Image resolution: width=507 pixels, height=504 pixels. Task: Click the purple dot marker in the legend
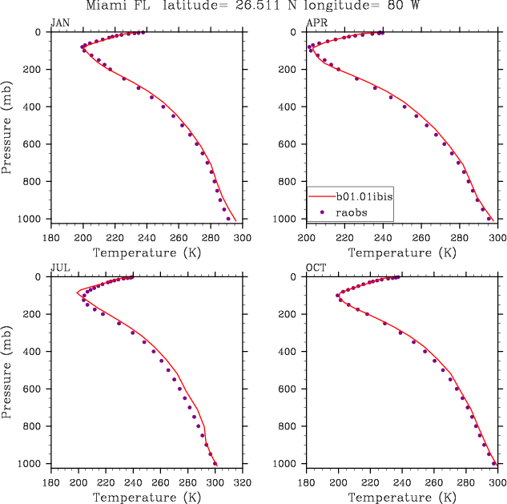coord(321,212)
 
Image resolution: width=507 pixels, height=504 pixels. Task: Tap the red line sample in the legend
coord(321,196)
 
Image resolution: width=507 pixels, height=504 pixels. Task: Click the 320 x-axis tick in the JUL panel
coord(243,483)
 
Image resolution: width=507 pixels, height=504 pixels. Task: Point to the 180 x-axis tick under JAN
coord(51,238)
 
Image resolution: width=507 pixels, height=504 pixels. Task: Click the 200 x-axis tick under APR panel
coord(308,238)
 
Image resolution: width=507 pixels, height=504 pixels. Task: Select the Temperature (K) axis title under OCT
coord(402,497)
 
